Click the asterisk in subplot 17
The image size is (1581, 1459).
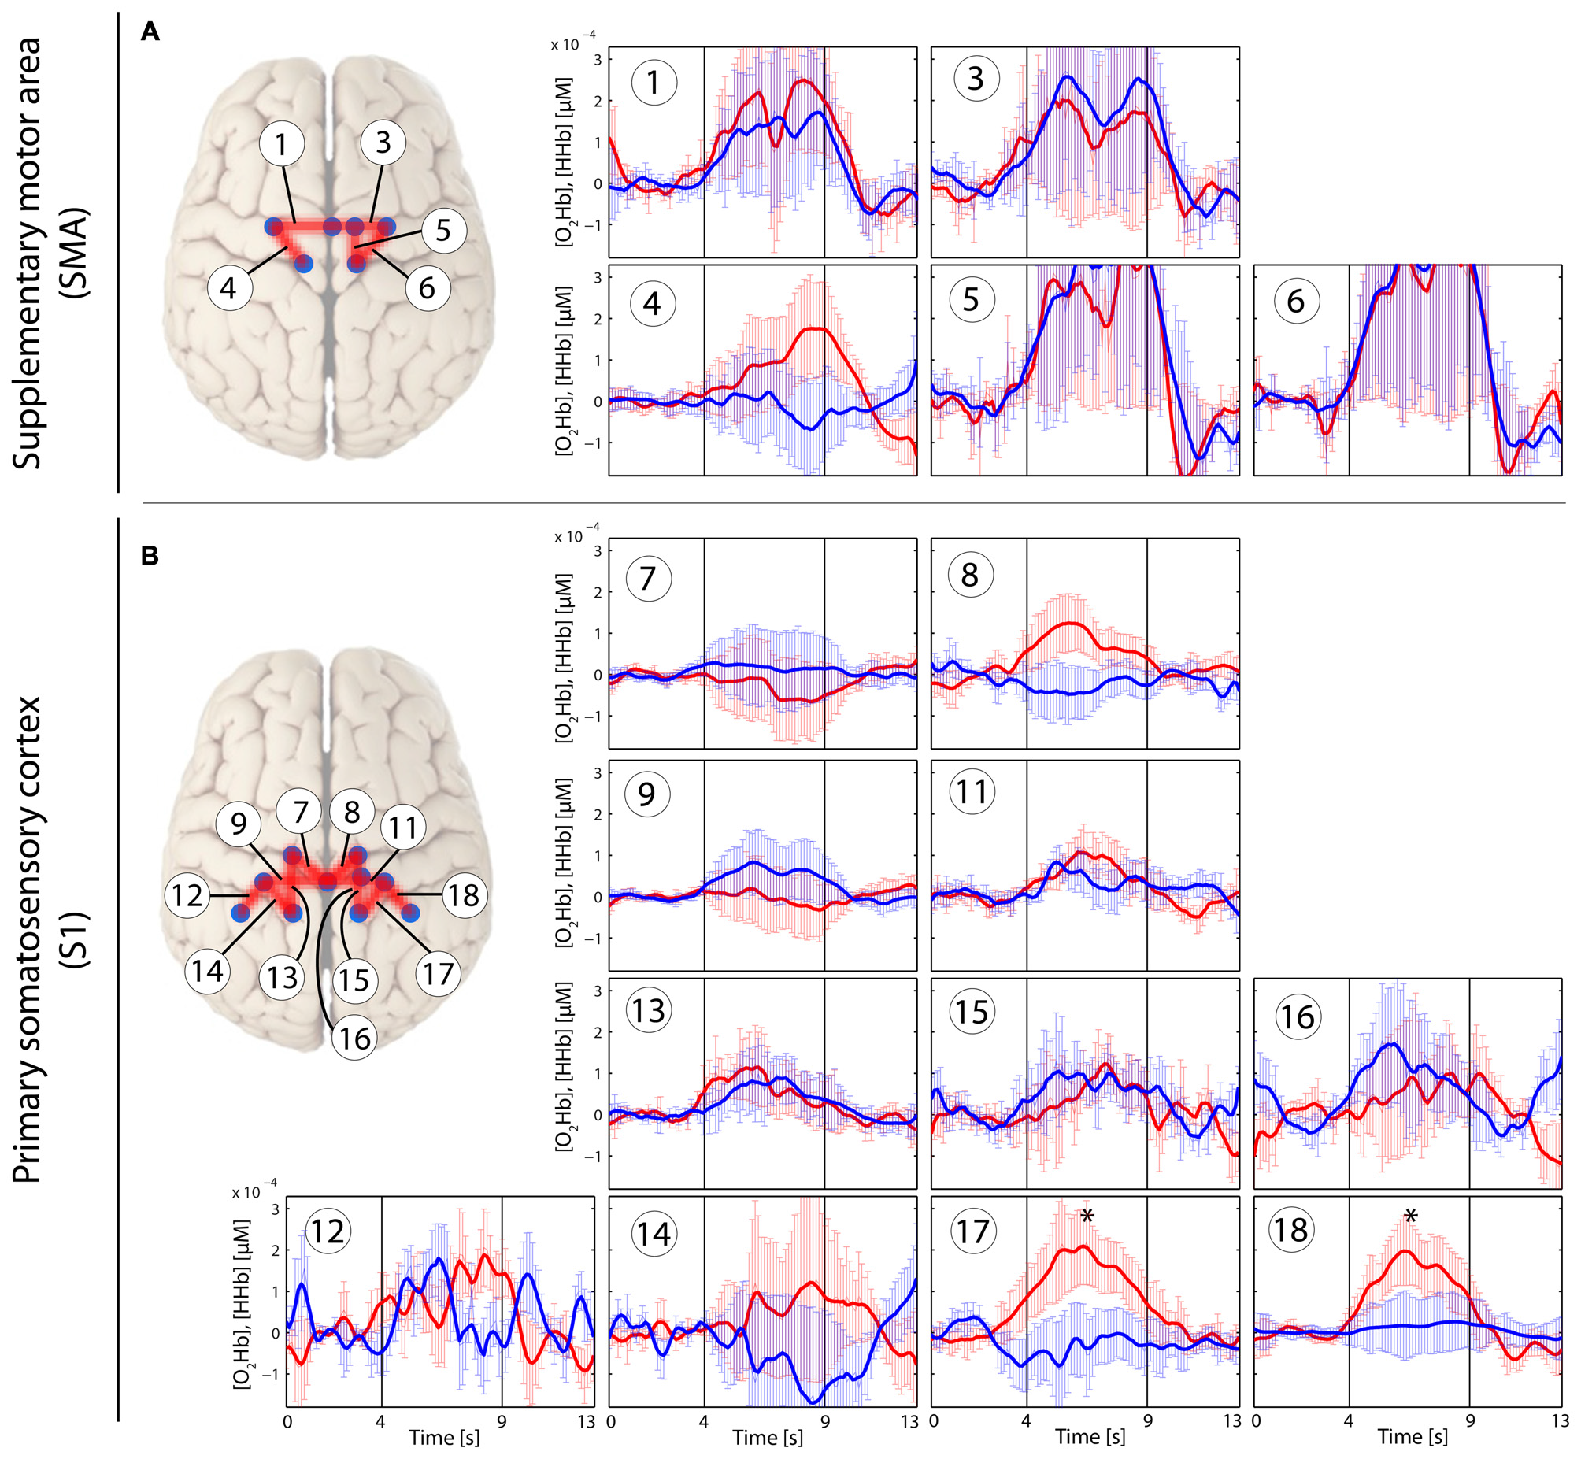point(1087,1217)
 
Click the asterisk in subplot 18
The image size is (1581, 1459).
point(1410,1217)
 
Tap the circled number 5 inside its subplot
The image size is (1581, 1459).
point(971,300)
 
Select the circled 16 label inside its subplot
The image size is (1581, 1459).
point(1298,1016)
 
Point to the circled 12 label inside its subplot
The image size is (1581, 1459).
point(328,1231)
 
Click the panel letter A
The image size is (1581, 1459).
point(149,33)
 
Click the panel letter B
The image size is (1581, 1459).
point(149,556)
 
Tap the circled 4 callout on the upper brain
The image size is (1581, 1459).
point(228,288)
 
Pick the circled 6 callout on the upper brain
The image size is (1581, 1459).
point(427,288)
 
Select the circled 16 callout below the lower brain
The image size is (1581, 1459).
point(354,1038)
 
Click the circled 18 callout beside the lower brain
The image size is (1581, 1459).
point(463,895)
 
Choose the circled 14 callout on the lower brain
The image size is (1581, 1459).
point(208,971)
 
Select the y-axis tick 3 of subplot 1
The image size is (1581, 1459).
point(598,60)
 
